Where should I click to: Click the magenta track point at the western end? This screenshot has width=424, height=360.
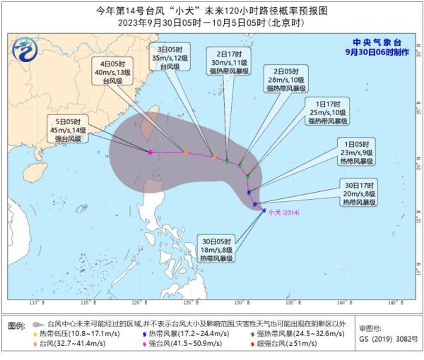point(151,152)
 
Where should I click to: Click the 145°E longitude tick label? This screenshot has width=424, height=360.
point(393,303)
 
